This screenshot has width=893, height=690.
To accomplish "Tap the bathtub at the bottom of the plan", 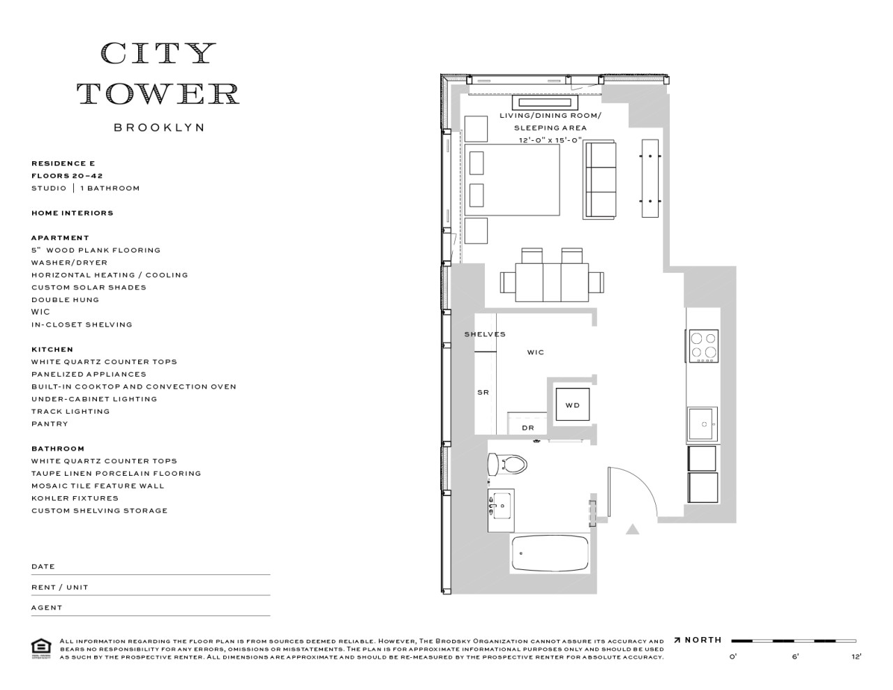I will coord(550,553).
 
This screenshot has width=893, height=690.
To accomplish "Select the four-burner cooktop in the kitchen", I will coord(703,345).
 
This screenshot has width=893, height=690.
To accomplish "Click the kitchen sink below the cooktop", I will coord(702,424).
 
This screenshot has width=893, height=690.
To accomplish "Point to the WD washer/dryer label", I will coord(572,405).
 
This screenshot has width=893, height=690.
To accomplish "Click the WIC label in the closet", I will coord(535,352).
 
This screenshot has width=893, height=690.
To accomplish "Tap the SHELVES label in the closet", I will coord(485,334).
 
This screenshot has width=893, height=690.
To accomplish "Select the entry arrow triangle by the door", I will coord(632,530).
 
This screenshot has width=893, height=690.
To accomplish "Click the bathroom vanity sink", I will coord(501,504).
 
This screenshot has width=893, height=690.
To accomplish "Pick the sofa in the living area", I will coord(601,179).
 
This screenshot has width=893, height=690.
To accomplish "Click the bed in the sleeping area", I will coord(513,180).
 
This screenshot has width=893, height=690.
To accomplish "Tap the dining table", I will coord(552,282).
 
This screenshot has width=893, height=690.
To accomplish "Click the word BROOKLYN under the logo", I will coord(159,128).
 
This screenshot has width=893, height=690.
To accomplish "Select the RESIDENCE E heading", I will coord(62,163).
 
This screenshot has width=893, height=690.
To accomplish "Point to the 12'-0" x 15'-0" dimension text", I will coord(550,140).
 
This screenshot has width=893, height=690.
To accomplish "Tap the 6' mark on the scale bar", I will coord(795,656).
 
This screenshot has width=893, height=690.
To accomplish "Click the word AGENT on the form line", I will coord(47,608).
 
